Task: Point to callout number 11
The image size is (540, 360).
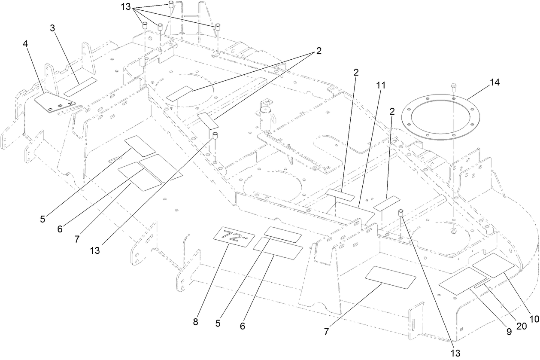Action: (x=380, y=85)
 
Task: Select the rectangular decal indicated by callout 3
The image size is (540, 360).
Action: (x=81, y=86)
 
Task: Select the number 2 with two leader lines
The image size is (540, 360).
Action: (x=319, y=51)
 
